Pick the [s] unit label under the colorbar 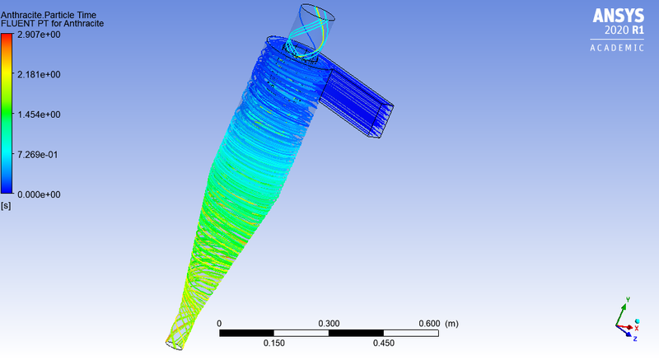[x=6, y=204]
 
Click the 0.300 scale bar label [x=329, y=324]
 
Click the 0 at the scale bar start [x=219, y=324]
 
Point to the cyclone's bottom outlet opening [x=174, y=342]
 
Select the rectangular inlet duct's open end [x=384, y=119]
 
